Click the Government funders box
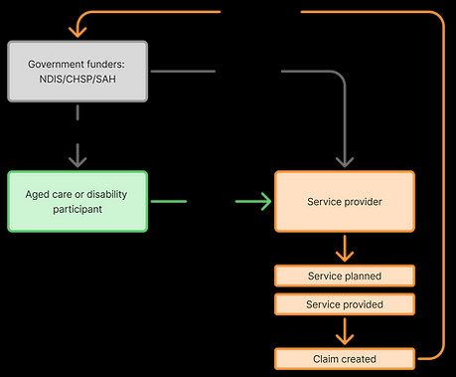point(77,72)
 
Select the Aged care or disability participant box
point(77,201)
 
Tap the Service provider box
point(345,201)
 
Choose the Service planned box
point(345,276)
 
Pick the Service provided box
point(345,304)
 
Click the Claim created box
point(345,359)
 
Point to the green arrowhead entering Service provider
point(266,201)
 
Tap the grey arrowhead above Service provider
point(345,162)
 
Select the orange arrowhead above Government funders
point(77,32)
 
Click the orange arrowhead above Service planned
point(345,257)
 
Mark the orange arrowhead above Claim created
point(345,339)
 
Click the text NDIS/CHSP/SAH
point(77,80)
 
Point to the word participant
point(77,210)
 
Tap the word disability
point(107,194)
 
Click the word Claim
point(324,359)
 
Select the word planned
point(363,276)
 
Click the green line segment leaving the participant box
point(169,201)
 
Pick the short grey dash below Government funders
point(77,112)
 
